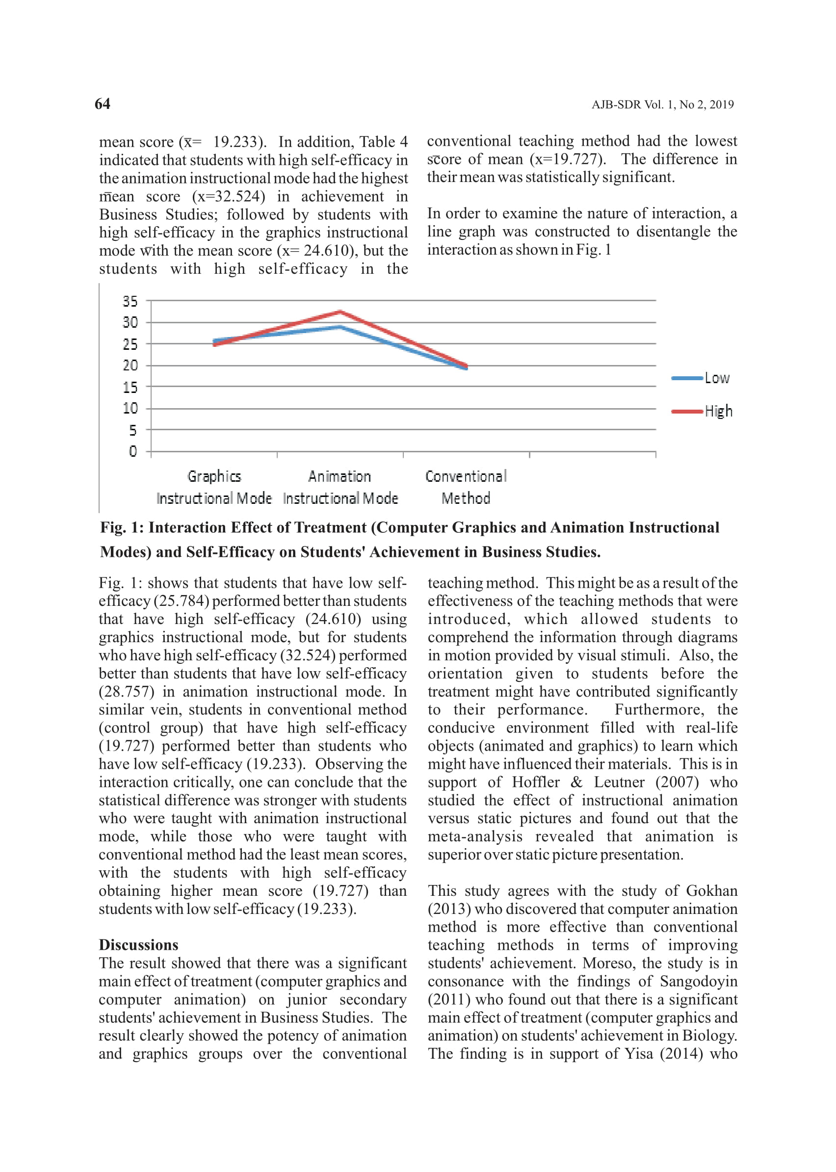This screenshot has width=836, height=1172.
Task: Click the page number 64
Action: [103, 104]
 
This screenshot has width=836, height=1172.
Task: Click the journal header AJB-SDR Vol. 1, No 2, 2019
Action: [662, 104]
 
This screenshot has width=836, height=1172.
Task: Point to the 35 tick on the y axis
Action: [130, 301]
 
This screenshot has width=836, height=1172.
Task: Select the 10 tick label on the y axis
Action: [130, 409]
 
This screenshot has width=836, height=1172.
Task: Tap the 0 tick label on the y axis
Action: [133, 451]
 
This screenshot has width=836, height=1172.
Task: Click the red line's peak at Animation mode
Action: [340, 312]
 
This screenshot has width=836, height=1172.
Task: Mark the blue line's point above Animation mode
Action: [340, 327]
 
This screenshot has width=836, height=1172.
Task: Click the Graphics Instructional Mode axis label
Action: [214, 488]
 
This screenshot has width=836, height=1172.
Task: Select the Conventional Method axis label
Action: [466, 488]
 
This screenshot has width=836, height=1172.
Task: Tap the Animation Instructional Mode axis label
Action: [340, 488]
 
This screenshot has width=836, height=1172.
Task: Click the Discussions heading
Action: [138, 945]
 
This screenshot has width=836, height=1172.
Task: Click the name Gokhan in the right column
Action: [711, 891]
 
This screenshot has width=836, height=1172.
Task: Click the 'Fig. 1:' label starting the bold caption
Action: [122, 527]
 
